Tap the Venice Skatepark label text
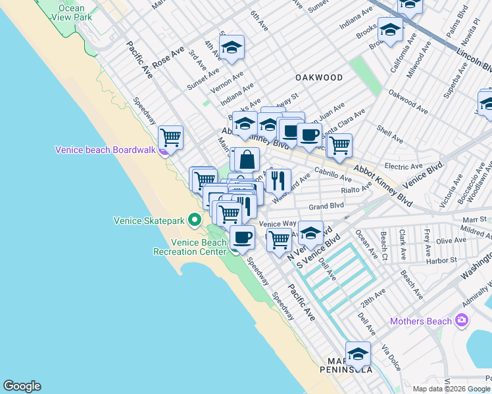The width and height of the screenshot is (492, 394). click(149, 221)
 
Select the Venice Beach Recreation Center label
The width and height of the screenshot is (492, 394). click(190, 246)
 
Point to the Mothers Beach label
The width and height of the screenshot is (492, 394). click(421, 321)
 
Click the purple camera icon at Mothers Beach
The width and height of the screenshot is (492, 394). click(462, 320)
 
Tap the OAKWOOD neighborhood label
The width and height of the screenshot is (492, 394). click(319, 77)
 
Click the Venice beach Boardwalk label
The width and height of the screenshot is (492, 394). click(105, 150)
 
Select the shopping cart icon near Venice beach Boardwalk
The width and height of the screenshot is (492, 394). click(171, 137)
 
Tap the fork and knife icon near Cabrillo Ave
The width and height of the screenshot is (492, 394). click(280, 180)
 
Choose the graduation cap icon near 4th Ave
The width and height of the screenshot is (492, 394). click(232, 47)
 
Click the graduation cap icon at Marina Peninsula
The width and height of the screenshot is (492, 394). click(358, 353)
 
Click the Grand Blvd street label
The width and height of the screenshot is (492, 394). click(327, 206)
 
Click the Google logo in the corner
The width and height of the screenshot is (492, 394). click(22, 386)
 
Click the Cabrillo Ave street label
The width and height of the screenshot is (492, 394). click(333, 175)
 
